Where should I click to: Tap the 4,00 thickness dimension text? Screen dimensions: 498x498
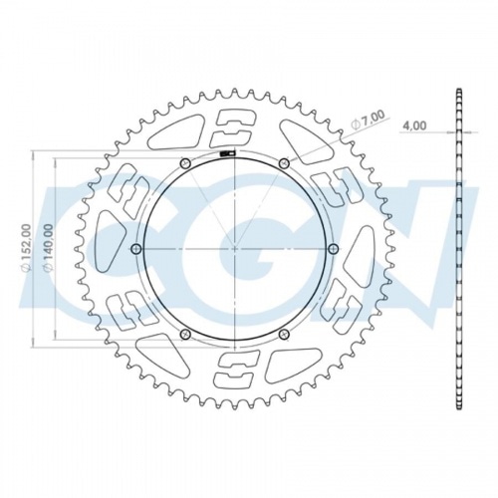coord(414,125)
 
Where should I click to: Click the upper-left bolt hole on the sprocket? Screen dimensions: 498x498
coord(184,163)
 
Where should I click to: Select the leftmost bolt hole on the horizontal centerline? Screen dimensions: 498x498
coord(136,248)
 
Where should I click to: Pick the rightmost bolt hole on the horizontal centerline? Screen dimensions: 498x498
coord(333,248)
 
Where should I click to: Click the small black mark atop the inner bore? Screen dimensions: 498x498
coord(227,153)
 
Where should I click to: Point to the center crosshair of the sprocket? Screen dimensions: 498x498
coord(234,248)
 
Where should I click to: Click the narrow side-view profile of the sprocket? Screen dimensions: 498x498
coord(459,248)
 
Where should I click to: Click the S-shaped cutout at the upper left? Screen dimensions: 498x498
coord(128,188)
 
